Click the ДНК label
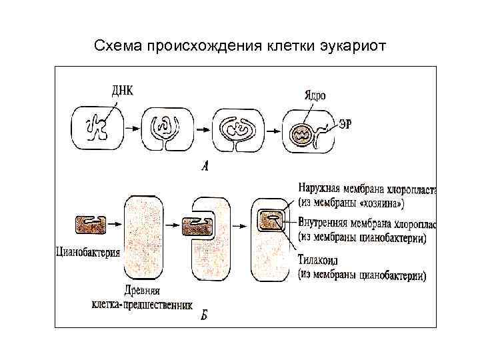pyautogui.click(x=119, y=91)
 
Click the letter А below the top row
pyautogui.click(x=205, y=167)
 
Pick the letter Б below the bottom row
pyautogui.click(x=204, y=315)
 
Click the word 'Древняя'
pyautogui.click(x=141, y=291)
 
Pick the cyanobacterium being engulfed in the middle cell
pyautogui.click(x=197, y=228)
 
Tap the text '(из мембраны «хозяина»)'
pyautogui.click(x=351, y=203)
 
